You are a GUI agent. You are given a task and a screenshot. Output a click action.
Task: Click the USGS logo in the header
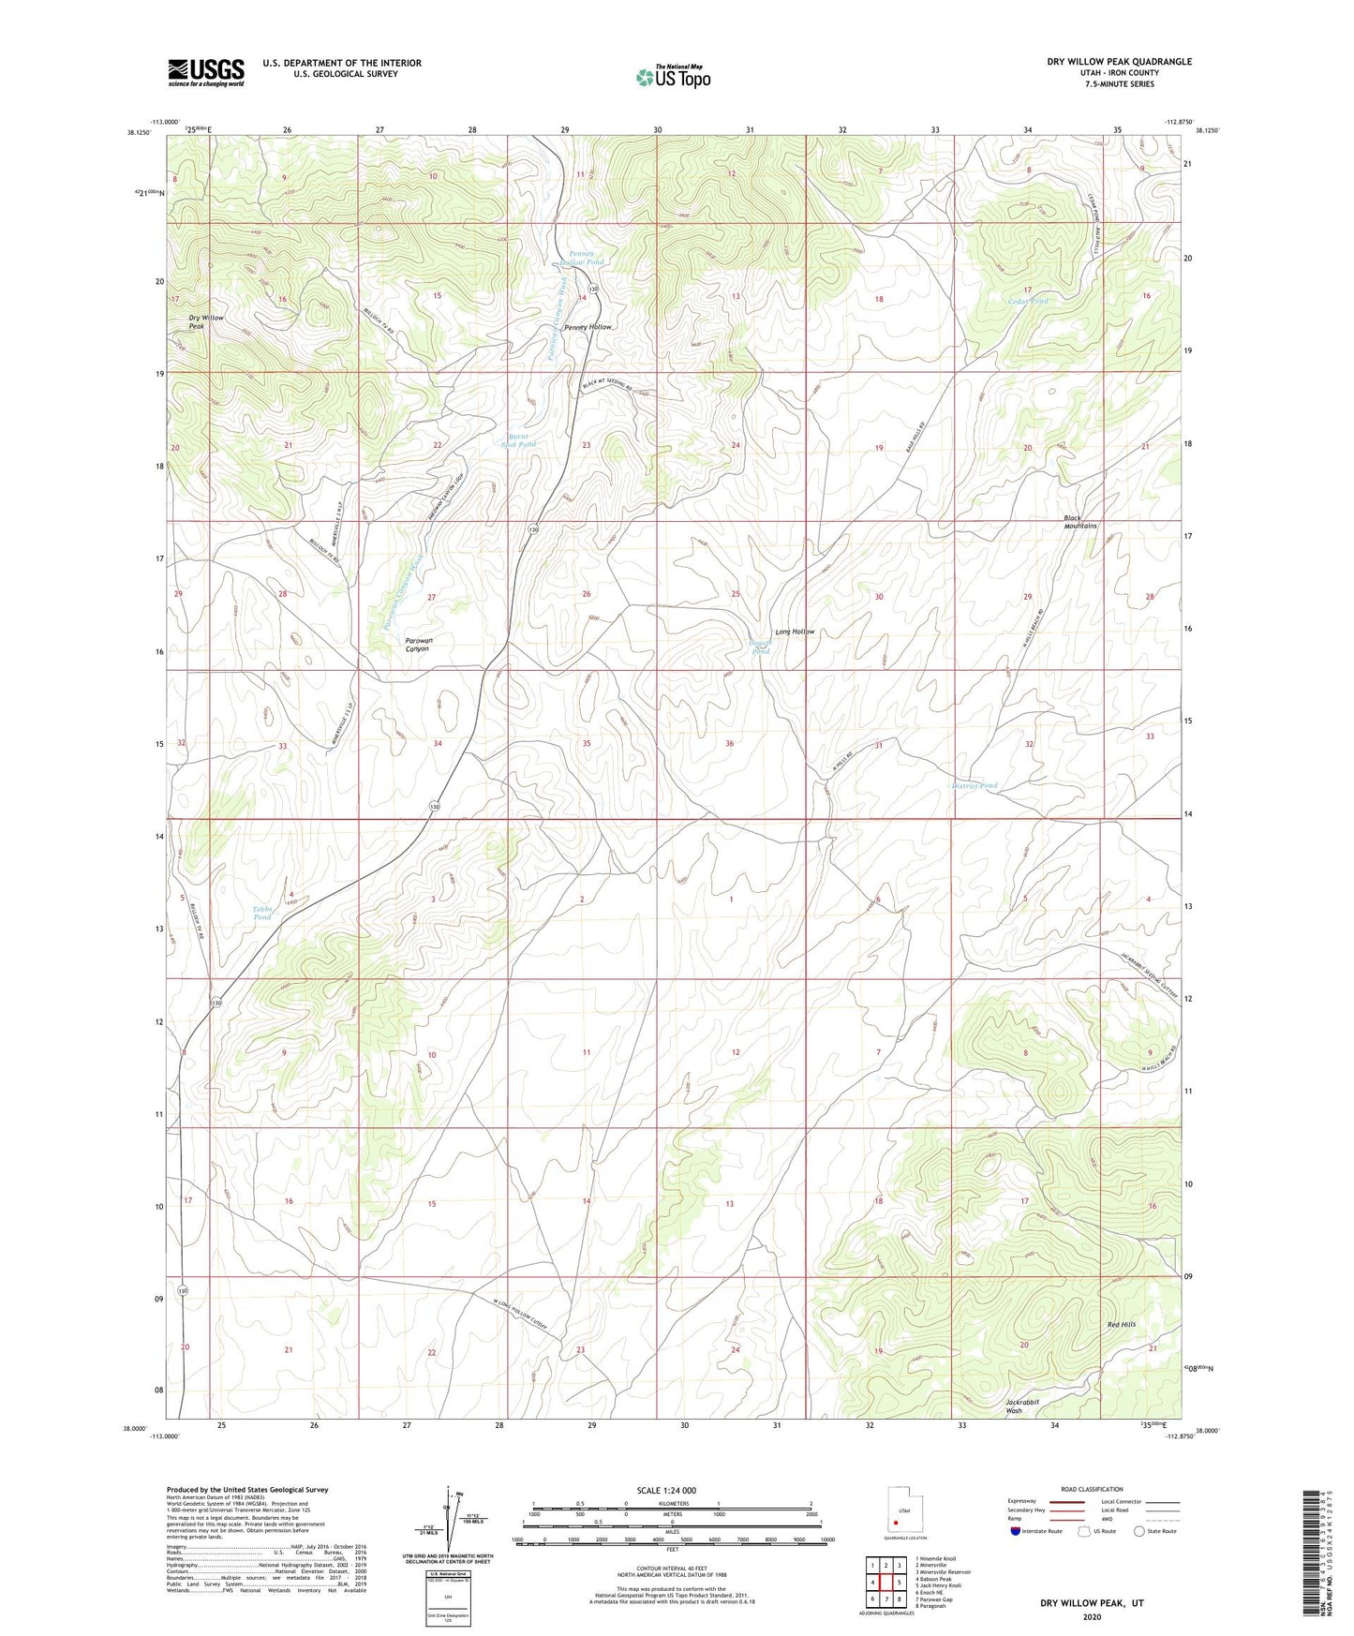point(206,71)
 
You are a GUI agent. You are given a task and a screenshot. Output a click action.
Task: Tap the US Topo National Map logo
point(673,76)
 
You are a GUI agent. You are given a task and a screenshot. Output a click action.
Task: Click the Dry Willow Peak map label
point(206,321)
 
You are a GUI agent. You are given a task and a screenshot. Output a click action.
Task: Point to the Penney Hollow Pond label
point(587,258)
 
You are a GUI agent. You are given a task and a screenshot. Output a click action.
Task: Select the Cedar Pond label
point(1028,301)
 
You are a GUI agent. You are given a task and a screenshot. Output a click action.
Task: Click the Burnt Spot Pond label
point(520,439)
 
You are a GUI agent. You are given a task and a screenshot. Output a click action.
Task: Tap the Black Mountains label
point(1079,522)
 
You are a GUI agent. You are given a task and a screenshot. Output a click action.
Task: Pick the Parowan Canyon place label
point(417,644)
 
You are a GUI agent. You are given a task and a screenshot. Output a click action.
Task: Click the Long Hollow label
point(795,632)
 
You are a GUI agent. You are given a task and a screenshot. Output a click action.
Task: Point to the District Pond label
point(975,785)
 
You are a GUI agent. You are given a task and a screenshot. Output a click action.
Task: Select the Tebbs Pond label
point(262,913)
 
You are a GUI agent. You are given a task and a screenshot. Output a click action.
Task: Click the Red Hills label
point(1121,1324)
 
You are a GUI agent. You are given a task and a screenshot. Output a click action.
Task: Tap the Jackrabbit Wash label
point(1022,1405)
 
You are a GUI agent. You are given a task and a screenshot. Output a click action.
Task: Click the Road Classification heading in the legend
point(1093,1489)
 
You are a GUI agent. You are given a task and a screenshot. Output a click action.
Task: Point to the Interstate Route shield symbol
point(1017,1531)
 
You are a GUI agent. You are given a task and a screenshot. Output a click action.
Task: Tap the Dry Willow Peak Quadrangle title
point(1119,62)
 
